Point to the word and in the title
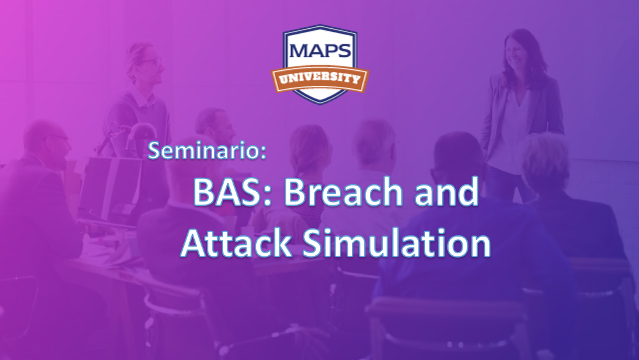450,192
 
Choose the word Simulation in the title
397,242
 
